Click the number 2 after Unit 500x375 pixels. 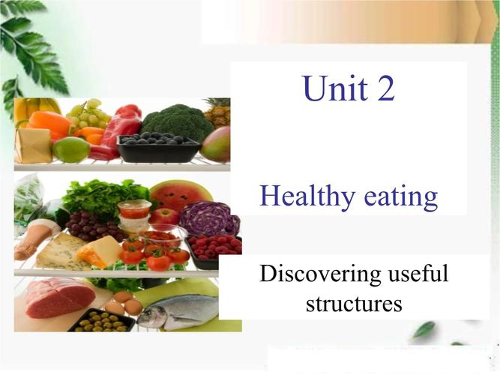click(x=385, y=88)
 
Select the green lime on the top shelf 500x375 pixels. click(x=72, y=149)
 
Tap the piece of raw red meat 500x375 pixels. click(x=59, y=297)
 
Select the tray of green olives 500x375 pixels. click(x=101, y=320)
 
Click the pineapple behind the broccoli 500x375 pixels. click(x=218, y=112)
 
